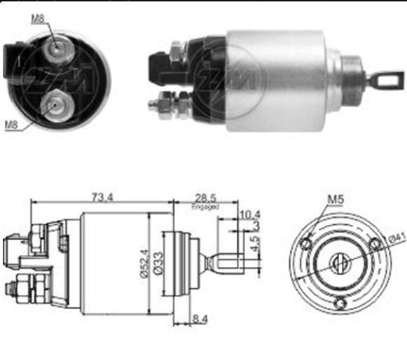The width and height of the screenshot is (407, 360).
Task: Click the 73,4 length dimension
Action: [102, 198]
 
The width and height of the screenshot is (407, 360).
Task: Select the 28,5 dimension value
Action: [205, 198]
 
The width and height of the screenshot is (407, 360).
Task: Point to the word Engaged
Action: [205, 208]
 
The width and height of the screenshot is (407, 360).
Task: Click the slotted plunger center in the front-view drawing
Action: [339, 264]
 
